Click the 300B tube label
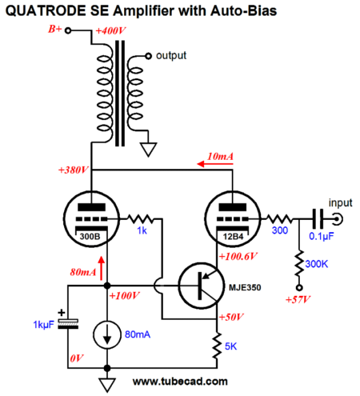tap(90, 236)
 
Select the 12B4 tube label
tap(233, 237)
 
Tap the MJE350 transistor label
tap(245, 287)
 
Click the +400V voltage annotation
tap(110, 31)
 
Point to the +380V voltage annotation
tap(74, 170)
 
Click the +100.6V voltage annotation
tap(238, 257)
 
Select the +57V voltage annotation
tap(298, 300)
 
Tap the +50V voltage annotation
tap(231, 317)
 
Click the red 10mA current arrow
tap(215, 164)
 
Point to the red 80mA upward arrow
tap(102, 268)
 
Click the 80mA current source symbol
tap(107, 335)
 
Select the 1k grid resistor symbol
tap(141, 219)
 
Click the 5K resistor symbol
tap(218, 345)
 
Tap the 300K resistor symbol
tap(299, 263)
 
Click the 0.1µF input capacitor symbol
tap(318, 219)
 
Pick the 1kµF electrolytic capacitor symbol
tap(68, 323)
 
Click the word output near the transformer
tap(171, 56)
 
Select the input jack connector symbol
tap(338, 219)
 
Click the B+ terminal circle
tap(68, 30)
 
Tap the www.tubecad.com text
tap(180, 382)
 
